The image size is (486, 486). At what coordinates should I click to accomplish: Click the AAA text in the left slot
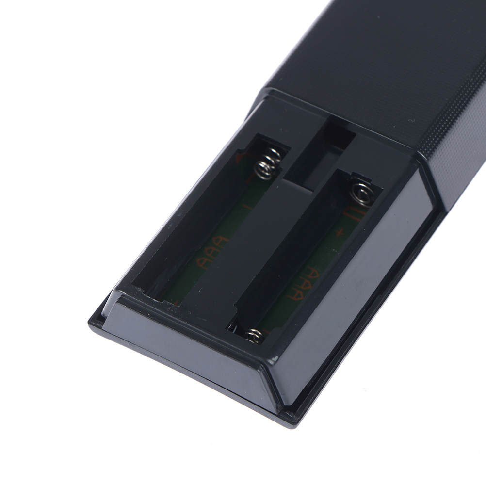click(x=212, y=253)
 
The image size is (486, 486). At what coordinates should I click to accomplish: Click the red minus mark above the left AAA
click(x=246, y=207)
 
